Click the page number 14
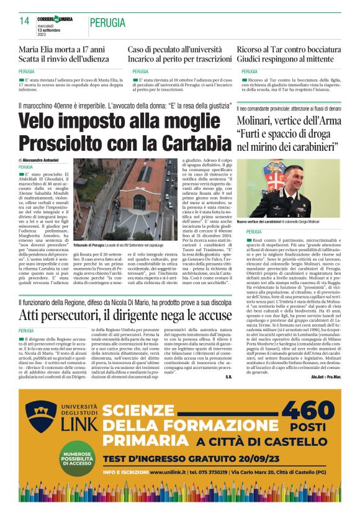(25, 20)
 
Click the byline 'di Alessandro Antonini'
(42, 161)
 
